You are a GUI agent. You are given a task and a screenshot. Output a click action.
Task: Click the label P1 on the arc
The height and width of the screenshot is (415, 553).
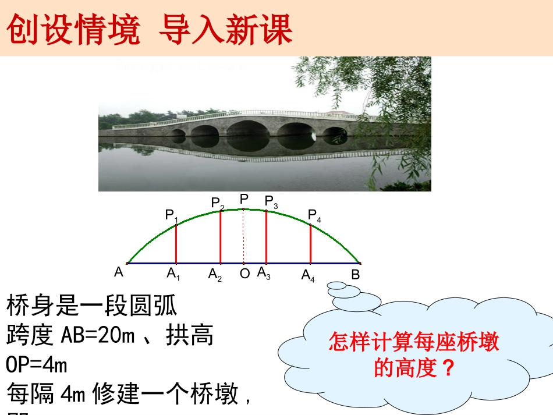coord(171,215)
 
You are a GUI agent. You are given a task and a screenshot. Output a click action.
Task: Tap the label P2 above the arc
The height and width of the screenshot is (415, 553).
coord(218,203)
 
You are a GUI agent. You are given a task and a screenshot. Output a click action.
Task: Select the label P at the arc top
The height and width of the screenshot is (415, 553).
coord(244,199)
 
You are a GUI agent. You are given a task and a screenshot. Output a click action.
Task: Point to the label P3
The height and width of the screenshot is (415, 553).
coord(271,201)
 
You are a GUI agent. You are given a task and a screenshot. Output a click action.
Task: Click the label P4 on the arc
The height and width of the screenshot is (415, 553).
coord(314,216)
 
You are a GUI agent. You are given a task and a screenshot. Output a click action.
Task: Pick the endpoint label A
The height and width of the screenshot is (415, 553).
coord(119,271)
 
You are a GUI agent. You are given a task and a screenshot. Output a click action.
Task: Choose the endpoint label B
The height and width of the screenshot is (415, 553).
coord(356,274)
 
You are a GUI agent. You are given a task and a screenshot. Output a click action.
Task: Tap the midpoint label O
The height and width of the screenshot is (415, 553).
coord(244,273)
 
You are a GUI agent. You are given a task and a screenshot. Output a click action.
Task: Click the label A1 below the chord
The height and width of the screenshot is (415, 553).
coord(173,273)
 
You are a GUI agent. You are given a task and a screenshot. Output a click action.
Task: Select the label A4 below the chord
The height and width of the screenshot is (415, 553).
coord(308,275)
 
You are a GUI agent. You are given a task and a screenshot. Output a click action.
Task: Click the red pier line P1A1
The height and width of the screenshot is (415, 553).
coord(176,243)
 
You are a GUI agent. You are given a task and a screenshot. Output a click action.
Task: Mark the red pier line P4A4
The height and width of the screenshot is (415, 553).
coord(310,244)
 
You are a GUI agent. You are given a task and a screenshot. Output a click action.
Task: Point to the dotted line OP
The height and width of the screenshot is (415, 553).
coord(243,236)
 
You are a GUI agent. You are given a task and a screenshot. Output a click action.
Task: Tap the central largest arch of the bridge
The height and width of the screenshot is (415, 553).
coord(249,127)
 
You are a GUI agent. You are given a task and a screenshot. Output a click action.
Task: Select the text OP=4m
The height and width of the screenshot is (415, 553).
coord(37,365)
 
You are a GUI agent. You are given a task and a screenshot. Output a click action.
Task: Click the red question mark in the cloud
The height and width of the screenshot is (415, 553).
coord(447,368)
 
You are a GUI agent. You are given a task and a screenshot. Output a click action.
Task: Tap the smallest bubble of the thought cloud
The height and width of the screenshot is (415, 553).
coord(336,285)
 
